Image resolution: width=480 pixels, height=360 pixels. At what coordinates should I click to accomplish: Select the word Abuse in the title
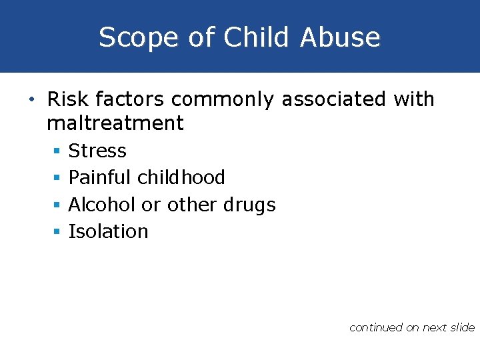(340, 37)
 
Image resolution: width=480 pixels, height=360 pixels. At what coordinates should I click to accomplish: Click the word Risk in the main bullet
(69, 100)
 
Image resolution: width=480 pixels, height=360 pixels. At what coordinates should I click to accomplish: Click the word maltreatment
(115, 123)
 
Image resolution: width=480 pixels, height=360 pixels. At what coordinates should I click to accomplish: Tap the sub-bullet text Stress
(97, 151)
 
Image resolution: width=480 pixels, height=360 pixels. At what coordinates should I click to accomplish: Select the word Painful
(101, 178)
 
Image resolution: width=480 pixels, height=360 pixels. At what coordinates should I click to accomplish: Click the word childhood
(181, 178)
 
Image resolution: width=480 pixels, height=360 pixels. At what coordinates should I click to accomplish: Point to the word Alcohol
(103, 205)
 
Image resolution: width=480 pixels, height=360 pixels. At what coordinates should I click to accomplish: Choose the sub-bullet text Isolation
(108, 231)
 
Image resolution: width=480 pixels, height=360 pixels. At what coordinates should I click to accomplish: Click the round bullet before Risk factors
(33, 101)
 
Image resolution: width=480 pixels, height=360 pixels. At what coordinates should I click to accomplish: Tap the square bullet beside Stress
(57, 152)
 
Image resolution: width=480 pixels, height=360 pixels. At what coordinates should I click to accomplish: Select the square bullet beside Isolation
(57, 232)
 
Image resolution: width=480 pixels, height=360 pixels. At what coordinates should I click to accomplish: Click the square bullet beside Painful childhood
(57, 179)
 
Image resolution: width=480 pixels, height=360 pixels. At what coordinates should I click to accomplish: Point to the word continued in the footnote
(376, 327)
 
